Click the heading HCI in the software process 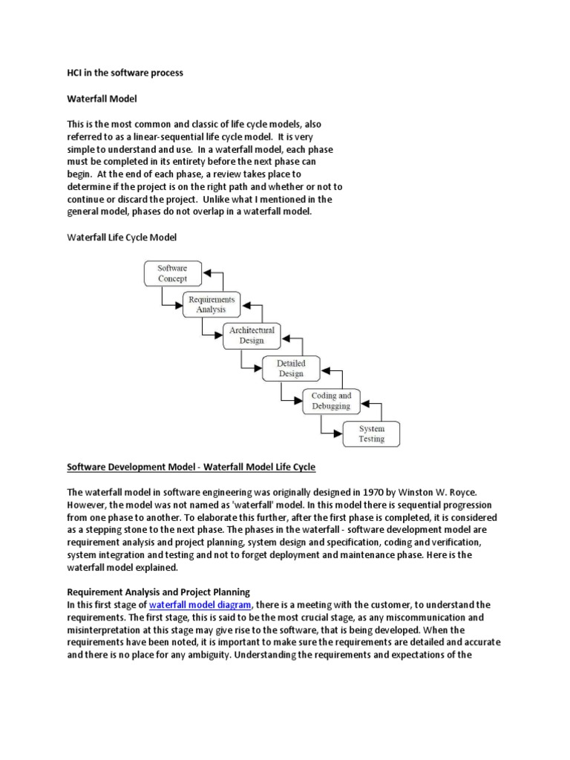[125, 73]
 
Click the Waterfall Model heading [102, 98]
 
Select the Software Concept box [172, 273]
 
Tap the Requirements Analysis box [211, 304]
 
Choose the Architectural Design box [251, 335]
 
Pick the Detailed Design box [291, 369]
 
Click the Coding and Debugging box [331, 401]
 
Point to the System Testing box [371, 433]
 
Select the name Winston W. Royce [428, 491]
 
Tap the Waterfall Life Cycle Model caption [122, 237]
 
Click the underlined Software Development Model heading [191, 467]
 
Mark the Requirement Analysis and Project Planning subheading [159, 592]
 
